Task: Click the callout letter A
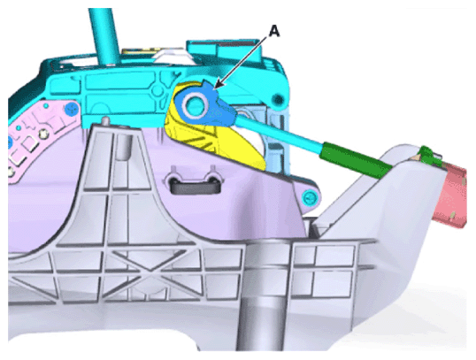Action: [x=274, y=32]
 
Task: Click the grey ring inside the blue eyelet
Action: [x=195, y=104]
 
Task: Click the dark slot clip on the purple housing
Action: [x=194, y=185]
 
